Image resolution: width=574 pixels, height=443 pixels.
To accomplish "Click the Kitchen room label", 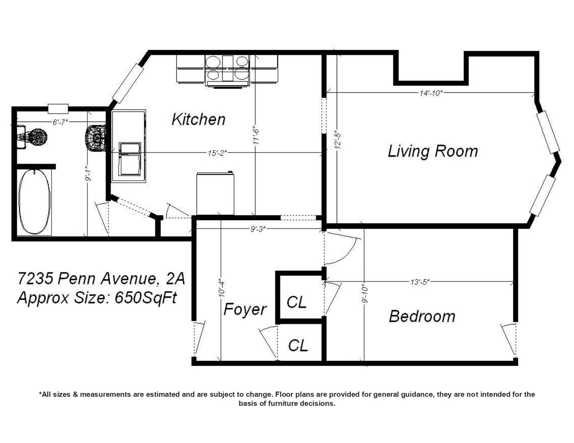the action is (x=199, y=119).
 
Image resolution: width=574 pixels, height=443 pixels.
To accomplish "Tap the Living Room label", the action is (x=433, y=151).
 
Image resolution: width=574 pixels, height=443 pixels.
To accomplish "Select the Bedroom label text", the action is (x=422, y=316).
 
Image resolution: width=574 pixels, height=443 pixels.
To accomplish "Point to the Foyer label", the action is (x=245, y=309).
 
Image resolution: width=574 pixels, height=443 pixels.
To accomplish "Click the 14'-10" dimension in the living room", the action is (x=431, y=93).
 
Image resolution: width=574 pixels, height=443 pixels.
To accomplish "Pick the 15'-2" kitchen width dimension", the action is (x=217, y=153).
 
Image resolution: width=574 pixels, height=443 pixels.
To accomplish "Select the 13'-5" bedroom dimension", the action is (x=420, y=282).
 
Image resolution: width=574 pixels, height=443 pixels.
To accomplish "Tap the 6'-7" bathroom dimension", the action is (x=60, y=122).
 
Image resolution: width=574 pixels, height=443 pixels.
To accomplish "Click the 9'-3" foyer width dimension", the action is (x=257, y=229).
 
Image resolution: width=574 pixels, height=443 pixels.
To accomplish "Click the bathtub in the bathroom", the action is (x=34, y=202).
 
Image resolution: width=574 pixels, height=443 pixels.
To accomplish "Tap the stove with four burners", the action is (x=227, y=71).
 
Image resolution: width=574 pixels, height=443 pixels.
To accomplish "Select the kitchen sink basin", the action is (x=129, y=159).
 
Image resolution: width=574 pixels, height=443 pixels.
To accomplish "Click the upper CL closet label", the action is (x=296, y=302).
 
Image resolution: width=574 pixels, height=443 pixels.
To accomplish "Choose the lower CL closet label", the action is (x=298, y=345).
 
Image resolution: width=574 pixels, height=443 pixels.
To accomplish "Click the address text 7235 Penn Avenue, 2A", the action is (x=101, y=279).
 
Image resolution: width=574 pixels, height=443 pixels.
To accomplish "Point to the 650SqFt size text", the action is (x=146, y=298).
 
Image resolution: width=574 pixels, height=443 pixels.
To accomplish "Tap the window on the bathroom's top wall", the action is (x=58, y=109).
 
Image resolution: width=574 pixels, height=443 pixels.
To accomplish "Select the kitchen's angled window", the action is (x=128, y=83).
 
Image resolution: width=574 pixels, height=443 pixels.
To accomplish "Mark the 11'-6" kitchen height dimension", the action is (x=256, y=136).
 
